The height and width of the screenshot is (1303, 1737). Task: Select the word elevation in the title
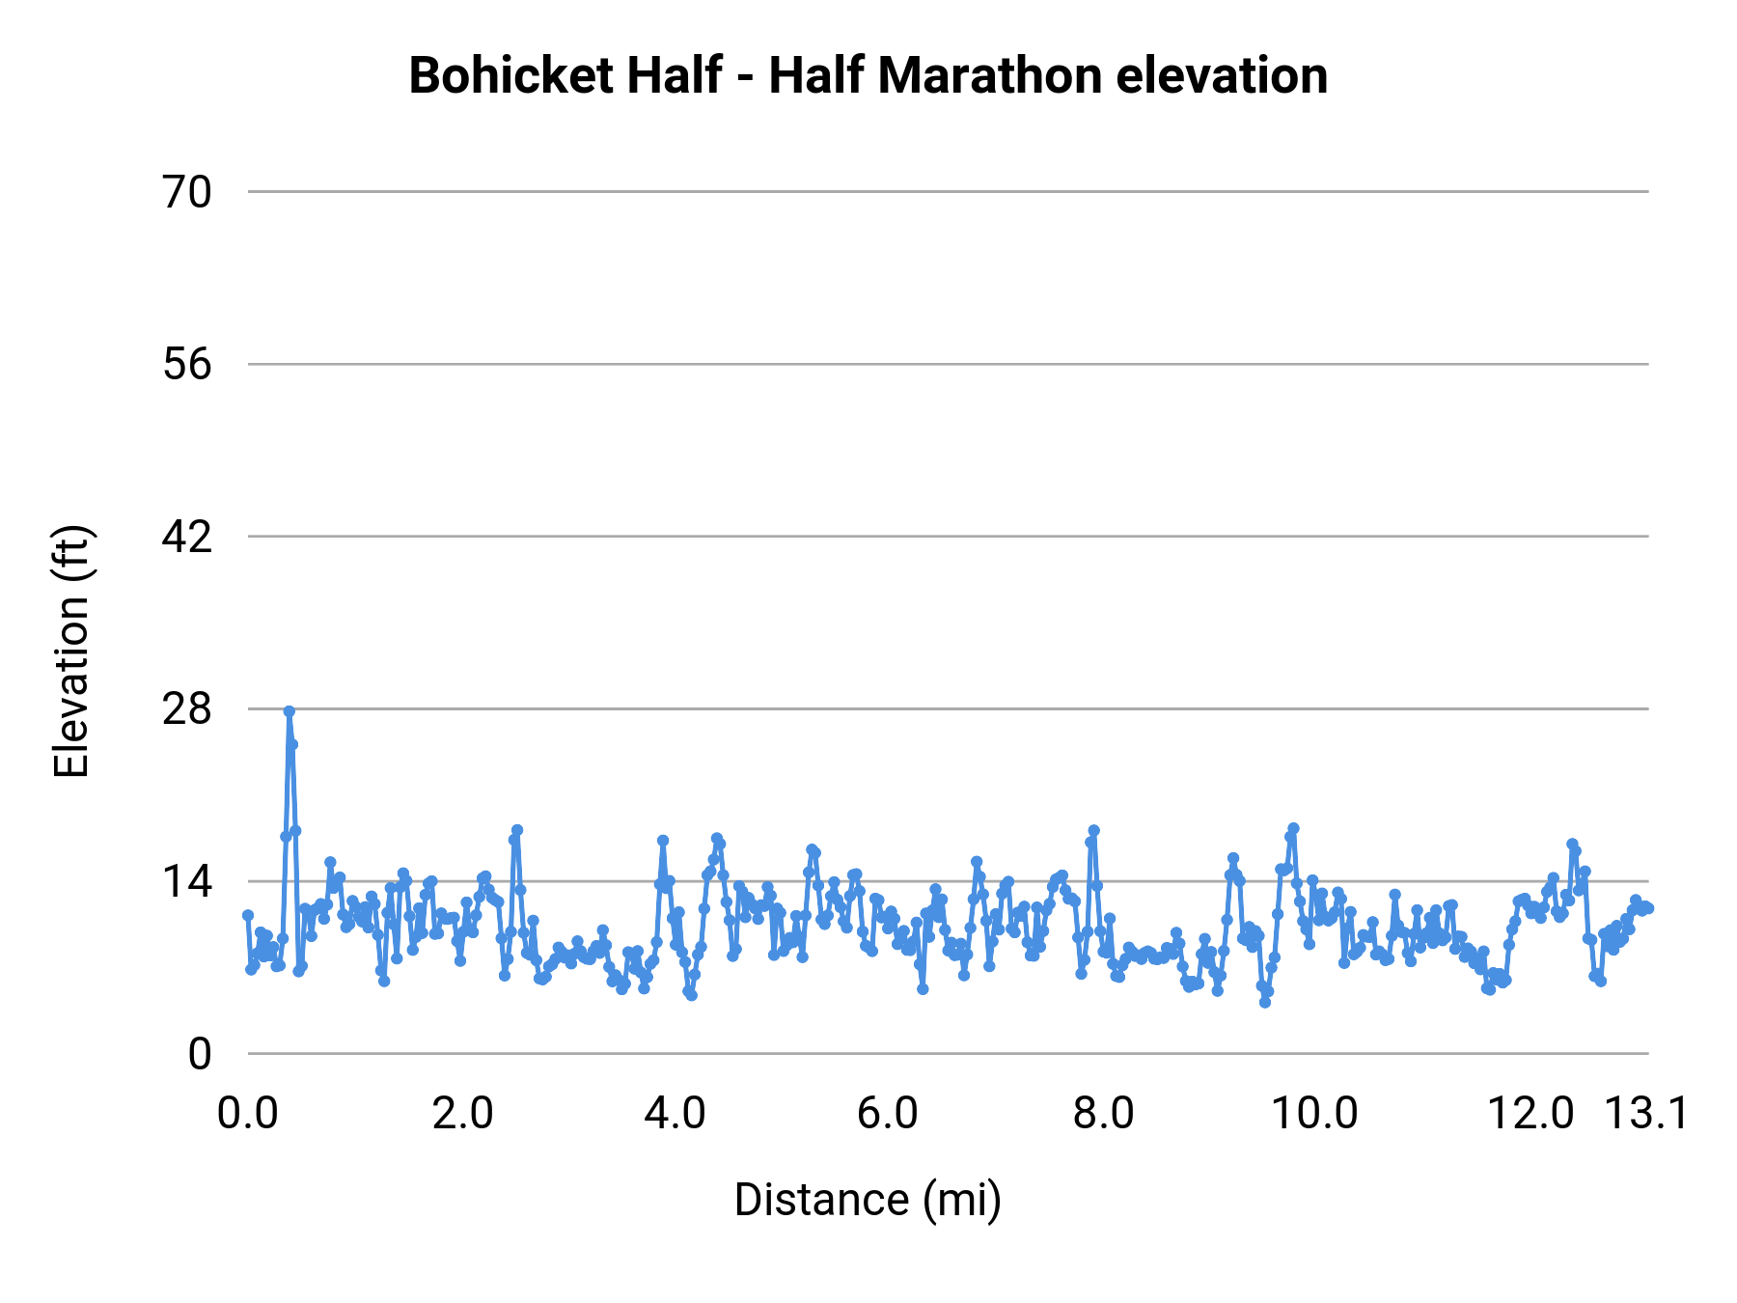(1222, 75)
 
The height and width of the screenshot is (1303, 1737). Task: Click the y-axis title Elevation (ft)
(70, 651)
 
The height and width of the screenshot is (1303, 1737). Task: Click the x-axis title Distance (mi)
(868, 1200)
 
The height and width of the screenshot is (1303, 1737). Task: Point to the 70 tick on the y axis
(187, 193)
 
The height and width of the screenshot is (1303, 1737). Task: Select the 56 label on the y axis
(187, 365)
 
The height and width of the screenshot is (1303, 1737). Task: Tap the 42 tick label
(187, 537)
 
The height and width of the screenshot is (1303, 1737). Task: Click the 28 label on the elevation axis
(187, 709)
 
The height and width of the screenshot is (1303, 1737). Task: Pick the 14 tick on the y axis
(187, 881)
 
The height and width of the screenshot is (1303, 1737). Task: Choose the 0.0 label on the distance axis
(248, 1113)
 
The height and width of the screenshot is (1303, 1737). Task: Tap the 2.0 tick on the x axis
(462, 1113)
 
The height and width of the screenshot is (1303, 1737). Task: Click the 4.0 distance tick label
(675, 1113)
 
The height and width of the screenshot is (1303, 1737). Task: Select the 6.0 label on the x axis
(888, 1113)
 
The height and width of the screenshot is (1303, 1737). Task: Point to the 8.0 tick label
(1103, 1113)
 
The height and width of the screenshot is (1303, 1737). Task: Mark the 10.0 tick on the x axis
(1314, 1113)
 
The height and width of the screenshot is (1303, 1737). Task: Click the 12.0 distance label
(1530, 1113)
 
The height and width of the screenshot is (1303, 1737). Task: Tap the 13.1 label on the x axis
(1646, 1113)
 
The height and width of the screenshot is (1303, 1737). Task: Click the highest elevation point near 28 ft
(289, 711)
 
